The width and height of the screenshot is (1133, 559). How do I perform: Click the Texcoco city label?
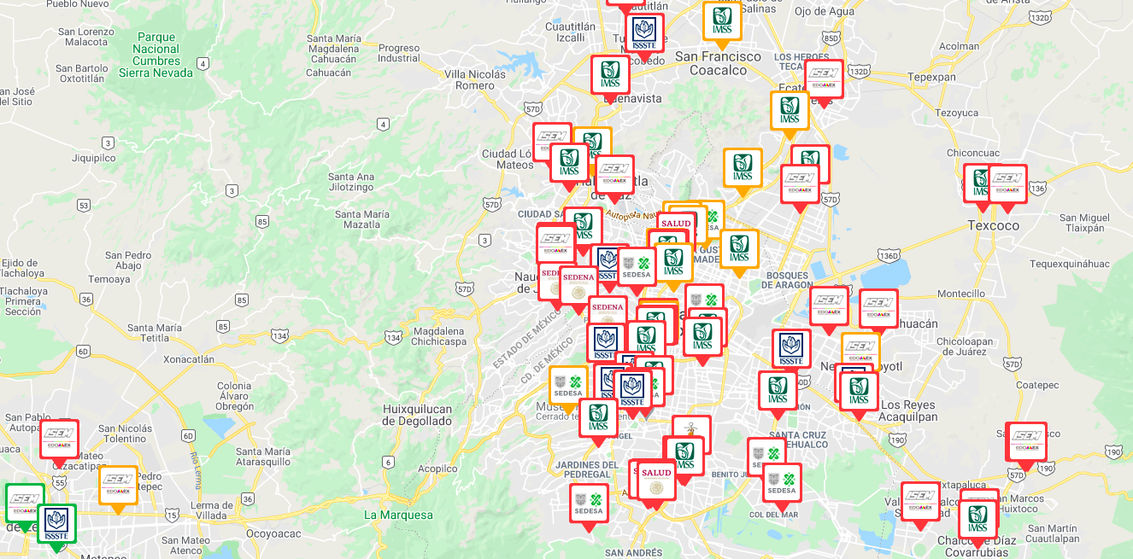993,225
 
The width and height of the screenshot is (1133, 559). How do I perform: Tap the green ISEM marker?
24,502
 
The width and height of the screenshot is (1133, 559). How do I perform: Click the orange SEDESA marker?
567,385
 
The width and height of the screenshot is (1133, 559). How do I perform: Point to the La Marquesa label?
398,515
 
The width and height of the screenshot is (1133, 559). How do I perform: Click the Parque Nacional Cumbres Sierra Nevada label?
156,55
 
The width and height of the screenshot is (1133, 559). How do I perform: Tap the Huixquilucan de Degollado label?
417,415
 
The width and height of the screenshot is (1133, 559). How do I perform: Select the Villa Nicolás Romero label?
475,80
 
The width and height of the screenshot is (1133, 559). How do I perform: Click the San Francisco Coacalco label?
718,63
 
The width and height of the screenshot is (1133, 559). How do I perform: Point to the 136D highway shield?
889,255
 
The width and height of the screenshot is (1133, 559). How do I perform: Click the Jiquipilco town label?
93,158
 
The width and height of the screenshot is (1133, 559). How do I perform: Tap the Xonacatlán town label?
189,359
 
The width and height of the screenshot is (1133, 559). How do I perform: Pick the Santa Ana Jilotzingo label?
351,182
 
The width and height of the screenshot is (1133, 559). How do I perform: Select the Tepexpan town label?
931,76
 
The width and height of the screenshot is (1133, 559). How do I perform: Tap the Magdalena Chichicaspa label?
438,336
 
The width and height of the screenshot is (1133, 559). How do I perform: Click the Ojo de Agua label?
825,11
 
